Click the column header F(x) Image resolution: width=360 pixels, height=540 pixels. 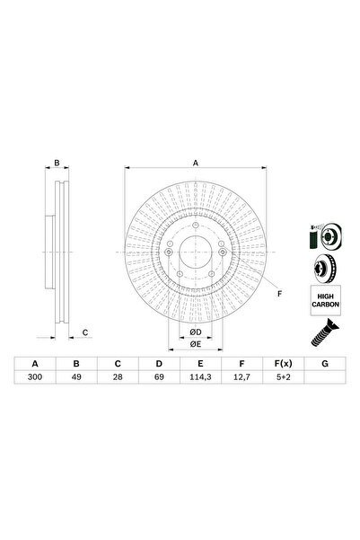[x=282, y=364]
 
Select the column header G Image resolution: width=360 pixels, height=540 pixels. [x=323, y=364]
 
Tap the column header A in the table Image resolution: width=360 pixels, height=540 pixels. [x=37, y=364]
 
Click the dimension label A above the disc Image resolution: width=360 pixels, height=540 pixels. [x=196, y=164]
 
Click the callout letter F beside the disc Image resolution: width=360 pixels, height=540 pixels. [x=279, y=294]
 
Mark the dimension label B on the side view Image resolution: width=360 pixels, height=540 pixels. [x=57, y=164]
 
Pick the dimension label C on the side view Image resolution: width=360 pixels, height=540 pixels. [x=84, y=332]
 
